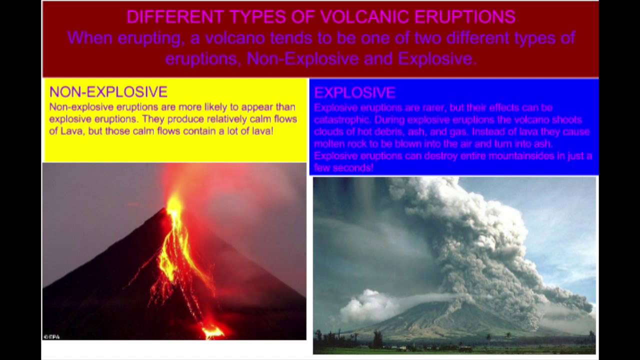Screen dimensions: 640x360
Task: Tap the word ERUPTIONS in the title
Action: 465,16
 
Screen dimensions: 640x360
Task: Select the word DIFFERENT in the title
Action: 175,16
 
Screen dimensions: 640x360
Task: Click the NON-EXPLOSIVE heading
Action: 108,91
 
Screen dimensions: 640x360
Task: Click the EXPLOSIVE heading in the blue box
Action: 355,92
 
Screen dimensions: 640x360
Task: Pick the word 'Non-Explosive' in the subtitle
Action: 303,59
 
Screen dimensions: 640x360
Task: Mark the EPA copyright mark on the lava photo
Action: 51,337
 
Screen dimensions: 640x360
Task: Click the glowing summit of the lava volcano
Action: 174,203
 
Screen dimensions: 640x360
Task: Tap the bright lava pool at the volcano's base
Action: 213,332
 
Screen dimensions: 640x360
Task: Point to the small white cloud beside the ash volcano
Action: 368,305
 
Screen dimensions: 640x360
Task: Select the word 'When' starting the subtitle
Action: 90,38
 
